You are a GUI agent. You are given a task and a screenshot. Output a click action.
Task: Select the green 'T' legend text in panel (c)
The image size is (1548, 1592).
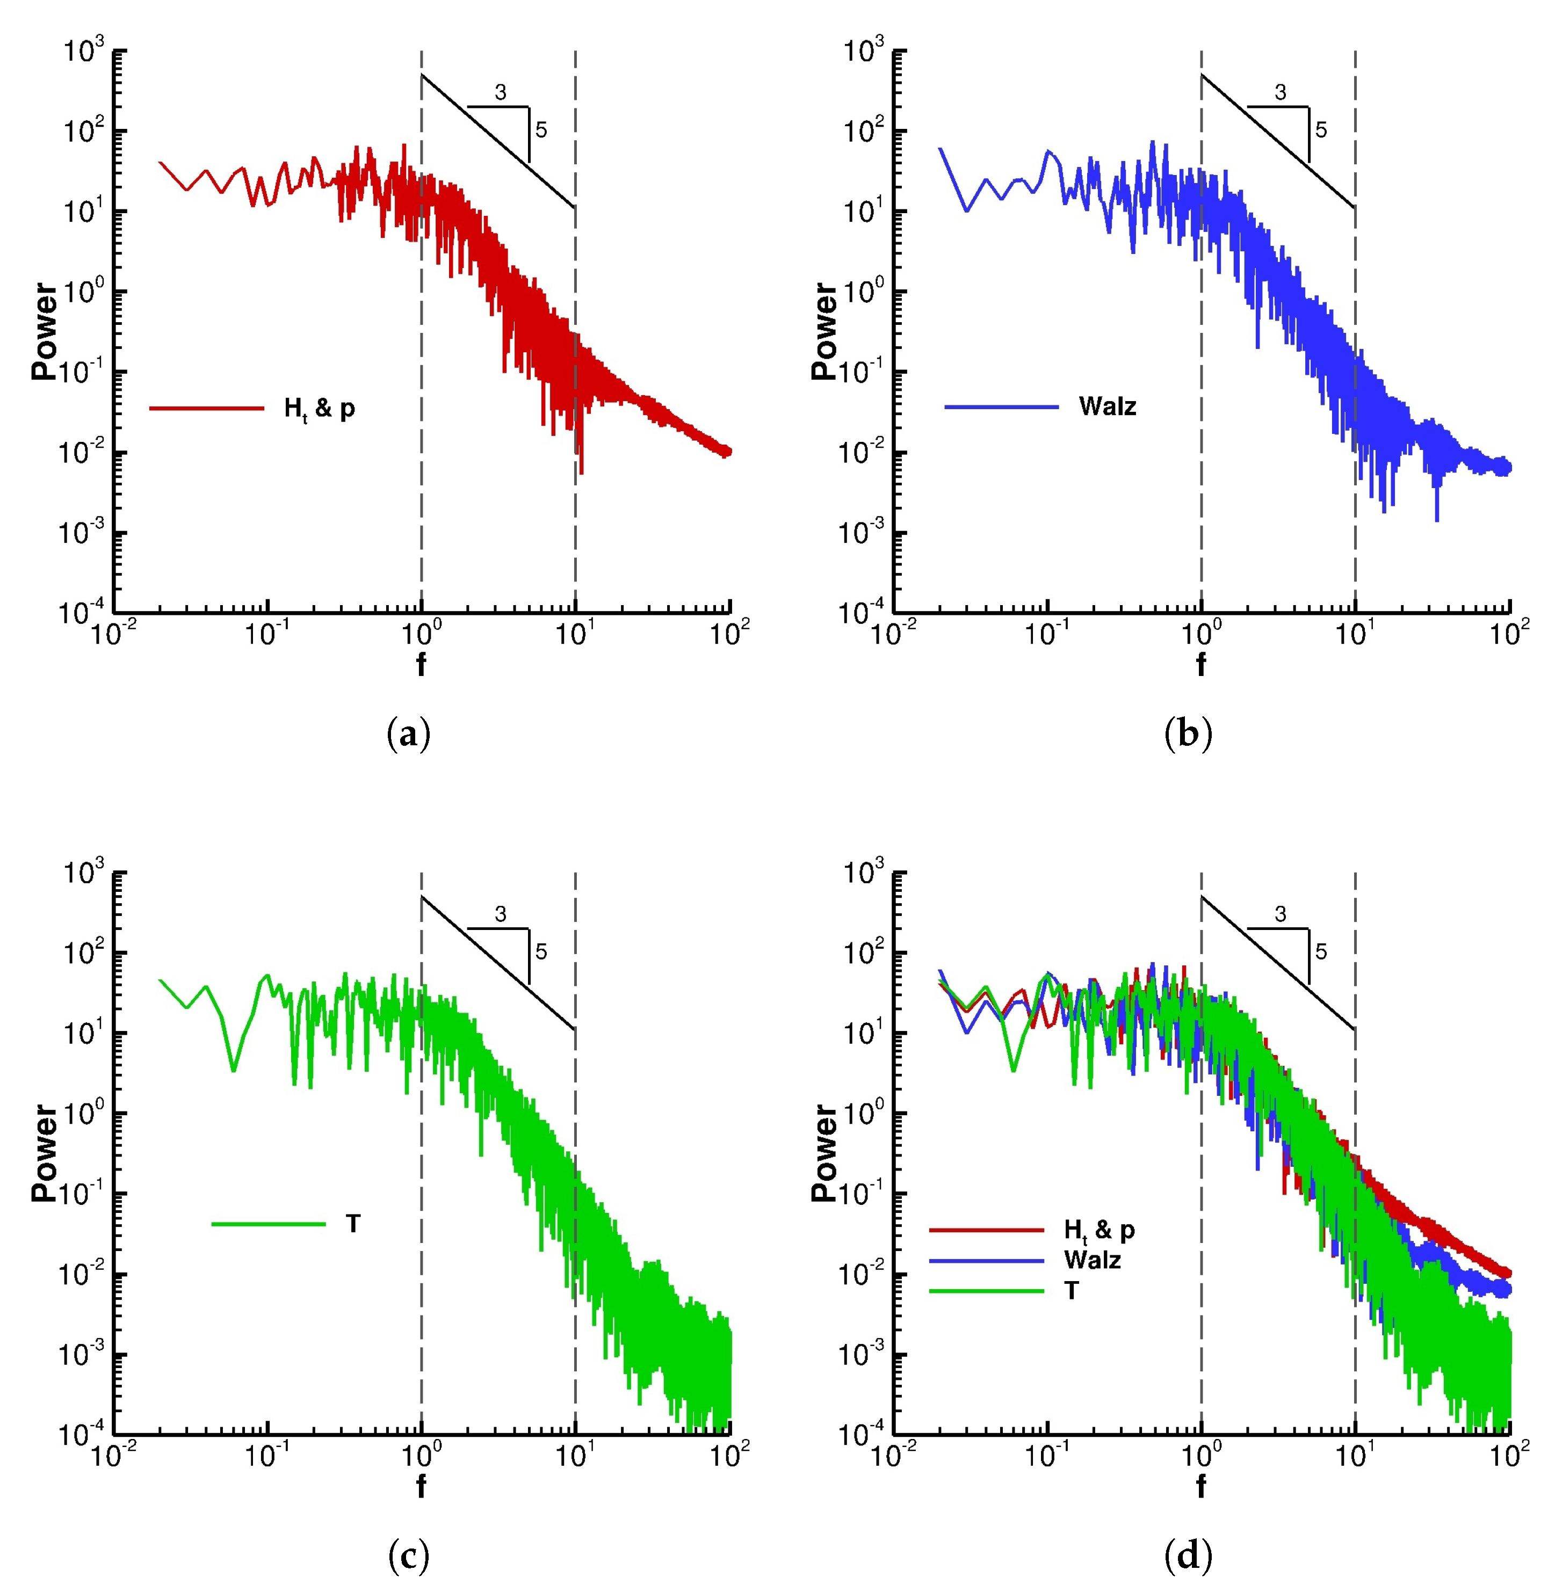click(x=353, y=1224)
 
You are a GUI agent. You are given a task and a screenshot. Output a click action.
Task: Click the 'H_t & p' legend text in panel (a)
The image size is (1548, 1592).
click(x=320, y=409)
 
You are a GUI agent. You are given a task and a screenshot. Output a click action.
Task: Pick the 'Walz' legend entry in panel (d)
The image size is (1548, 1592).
click(x=1092, y=1260)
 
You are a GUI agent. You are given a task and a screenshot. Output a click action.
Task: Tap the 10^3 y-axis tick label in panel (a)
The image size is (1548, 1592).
click(x=84, y=52)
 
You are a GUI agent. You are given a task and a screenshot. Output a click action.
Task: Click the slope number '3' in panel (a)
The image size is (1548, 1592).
click(x=501, y=93)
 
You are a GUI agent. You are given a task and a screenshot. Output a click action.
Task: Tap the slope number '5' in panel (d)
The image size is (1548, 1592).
click(x=1321, y=951)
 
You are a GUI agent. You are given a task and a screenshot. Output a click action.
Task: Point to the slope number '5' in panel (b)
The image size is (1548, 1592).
click(x=1321, y=130)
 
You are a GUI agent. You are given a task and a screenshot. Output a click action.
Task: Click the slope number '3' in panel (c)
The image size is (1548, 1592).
click(x=501, y=914)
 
